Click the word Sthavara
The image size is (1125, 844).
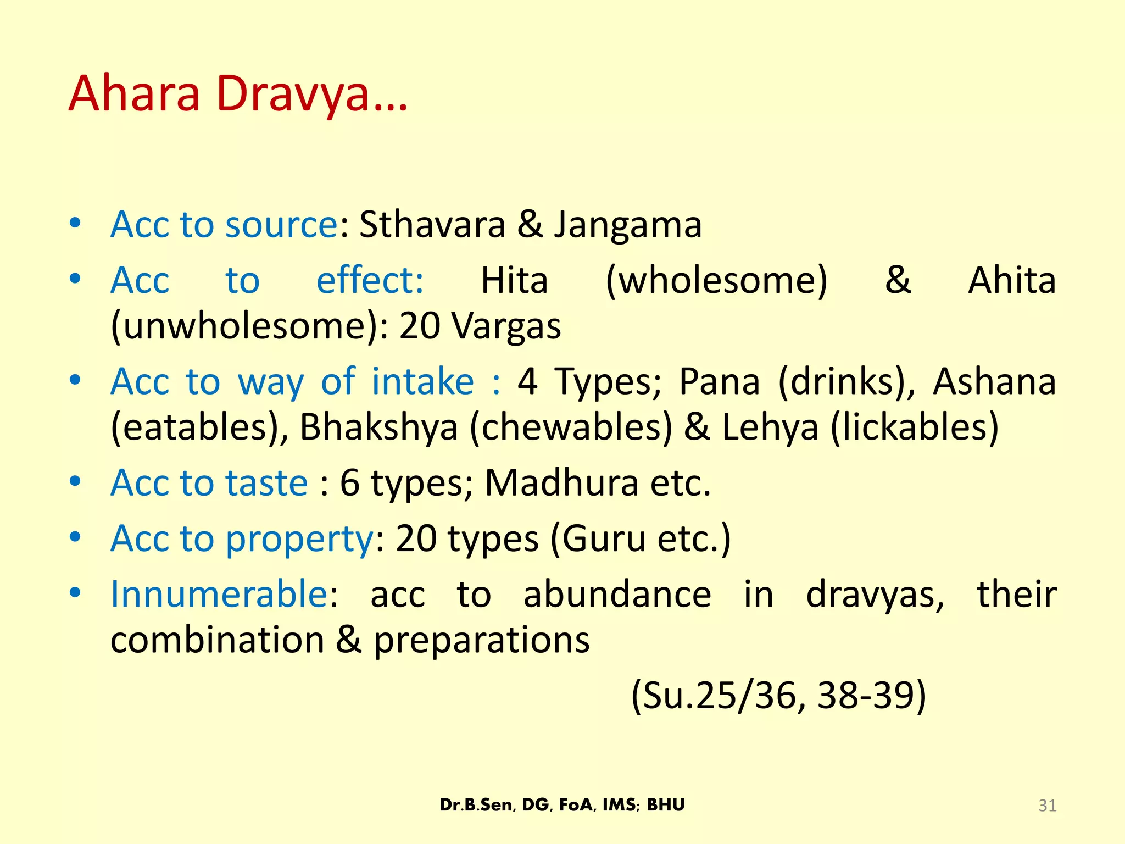[432, 225]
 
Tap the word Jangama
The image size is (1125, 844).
[627, 225]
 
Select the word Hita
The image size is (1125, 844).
[514, 281]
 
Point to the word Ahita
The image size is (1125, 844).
[1011, 281]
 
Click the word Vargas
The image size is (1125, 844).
[506, 326]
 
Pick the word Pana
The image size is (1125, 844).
[720, 381]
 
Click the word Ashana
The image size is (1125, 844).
[994, 381]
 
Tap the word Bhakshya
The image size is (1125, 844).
[379, 427]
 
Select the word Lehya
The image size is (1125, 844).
[770, 427]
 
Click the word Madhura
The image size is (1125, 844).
[561, 483]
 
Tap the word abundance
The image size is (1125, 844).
[617, 594]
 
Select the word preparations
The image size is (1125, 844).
[482, 640]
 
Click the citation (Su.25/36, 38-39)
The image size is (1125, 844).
[778, 696]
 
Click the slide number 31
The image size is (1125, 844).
[1047, 806]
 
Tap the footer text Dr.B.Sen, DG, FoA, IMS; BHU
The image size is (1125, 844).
[562, 805]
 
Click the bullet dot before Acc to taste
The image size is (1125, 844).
[75, 482]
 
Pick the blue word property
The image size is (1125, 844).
[299, 539]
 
